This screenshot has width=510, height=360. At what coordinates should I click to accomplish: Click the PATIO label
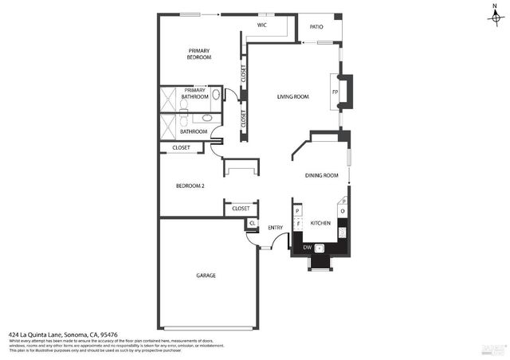coord(316,26)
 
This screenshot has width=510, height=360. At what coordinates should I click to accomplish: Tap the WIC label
coord(261,25)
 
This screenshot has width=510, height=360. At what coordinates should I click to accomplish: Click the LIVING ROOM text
coord(292,97)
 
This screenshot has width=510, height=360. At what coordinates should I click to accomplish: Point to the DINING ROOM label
coord(321,175)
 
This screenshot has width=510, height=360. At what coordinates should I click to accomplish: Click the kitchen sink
coord(320,248)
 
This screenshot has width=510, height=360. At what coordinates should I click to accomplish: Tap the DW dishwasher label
coord(307,248)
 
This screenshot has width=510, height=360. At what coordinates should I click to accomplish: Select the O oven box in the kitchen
coord(342,211)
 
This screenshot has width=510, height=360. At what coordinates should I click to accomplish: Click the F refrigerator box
coord(297,224)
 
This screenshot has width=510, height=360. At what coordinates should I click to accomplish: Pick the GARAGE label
coord(206,276)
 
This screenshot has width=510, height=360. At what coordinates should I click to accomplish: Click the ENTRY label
coord(275,228)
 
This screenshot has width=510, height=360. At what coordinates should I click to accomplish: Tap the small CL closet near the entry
coord(252,223)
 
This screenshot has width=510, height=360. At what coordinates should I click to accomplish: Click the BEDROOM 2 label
coord(190,186)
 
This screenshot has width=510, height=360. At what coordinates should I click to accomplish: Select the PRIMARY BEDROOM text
coord(199,54)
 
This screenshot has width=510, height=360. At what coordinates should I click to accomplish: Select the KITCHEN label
coord(320,223)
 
